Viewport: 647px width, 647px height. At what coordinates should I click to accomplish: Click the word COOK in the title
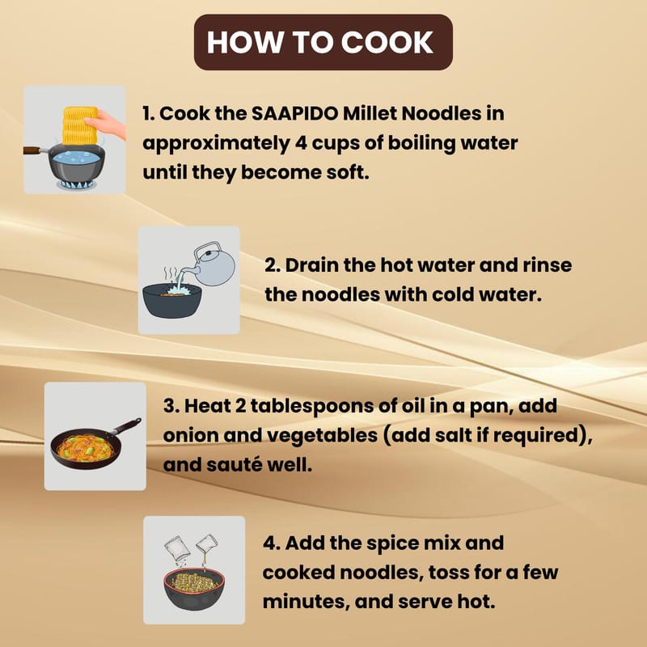[387, 42]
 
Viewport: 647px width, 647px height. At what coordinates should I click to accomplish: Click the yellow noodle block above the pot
[80, 125]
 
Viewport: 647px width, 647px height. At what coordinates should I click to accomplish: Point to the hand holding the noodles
[106, 124]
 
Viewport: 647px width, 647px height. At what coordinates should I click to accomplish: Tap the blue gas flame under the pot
[77, 184]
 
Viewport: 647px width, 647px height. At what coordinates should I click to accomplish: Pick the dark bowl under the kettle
[172, 301]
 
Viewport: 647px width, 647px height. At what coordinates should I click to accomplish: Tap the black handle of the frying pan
[126, 426]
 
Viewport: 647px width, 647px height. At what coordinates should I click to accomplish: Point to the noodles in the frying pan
[86, 448]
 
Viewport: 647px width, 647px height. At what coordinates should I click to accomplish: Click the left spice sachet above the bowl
[176, 548]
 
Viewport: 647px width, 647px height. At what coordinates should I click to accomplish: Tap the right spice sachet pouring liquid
[207, 543]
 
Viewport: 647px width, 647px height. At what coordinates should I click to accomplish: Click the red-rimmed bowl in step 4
[194, 589]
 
